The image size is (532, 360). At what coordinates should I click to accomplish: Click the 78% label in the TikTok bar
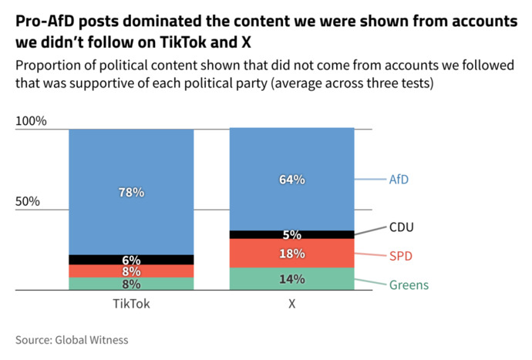[x=131, y=193]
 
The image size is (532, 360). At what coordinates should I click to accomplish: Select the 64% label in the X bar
[x=292, y=180]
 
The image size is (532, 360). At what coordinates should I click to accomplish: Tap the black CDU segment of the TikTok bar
[x=131, y=260]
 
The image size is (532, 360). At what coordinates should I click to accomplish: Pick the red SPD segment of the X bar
[x=292, y=253]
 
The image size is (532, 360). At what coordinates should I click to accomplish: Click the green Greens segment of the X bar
[x=292, y=279]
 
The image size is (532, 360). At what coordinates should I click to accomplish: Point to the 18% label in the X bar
[x=292, y=254]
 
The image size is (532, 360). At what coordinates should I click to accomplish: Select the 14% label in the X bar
[x=292, y=279]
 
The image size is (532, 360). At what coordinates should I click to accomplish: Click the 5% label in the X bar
[x=292, y=235]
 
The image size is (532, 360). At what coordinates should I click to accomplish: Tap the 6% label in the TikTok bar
[x=131, y=261]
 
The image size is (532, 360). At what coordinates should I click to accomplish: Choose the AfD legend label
[x=399, y=180]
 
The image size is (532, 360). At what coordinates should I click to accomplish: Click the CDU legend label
[x=402, y=227]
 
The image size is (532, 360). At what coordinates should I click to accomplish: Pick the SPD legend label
[x=401, y=256]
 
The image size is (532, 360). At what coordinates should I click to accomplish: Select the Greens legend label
[x=409, y=285]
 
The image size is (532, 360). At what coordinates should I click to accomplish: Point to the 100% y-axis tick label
[x=31, y=121]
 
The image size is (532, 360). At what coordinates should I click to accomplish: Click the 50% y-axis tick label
[x=28, y=201]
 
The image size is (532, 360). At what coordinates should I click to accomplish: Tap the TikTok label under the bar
[x=131, y=304]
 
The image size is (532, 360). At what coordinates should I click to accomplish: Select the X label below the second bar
[x=292, y=304]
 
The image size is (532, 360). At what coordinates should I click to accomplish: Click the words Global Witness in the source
[x=92, y=340]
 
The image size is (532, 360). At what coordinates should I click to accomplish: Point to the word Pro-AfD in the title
[x=42, y=22]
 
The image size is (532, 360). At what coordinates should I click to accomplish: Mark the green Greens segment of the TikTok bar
[x=131, y=284]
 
